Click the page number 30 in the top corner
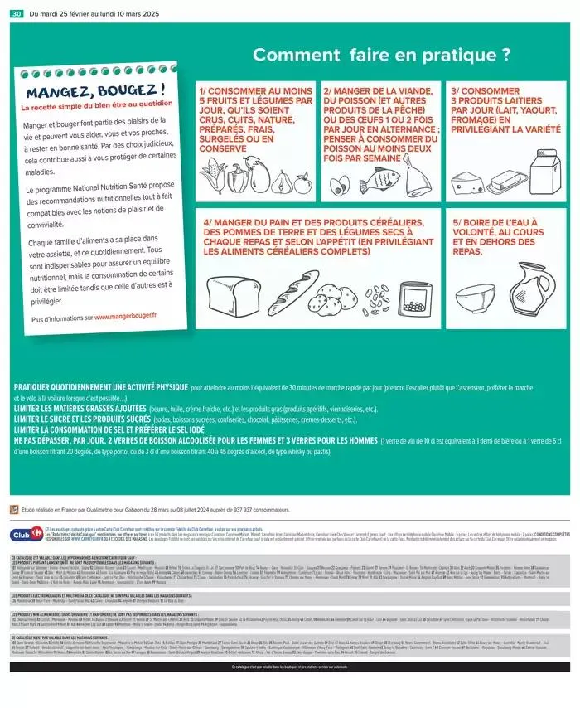coord(17,14)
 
